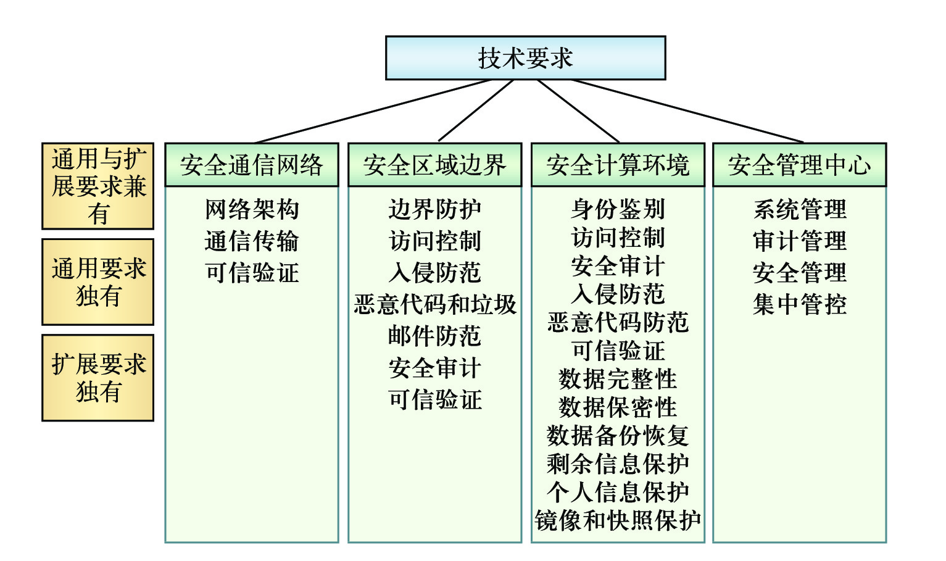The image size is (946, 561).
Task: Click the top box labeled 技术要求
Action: point(525,58)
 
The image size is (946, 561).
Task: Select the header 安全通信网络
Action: point(251,165)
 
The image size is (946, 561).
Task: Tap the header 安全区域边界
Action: point(434,165)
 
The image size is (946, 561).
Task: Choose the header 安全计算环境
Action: point(618,165)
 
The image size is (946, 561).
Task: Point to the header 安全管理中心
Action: point(799,165)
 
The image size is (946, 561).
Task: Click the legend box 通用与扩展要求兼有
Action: point(98,186)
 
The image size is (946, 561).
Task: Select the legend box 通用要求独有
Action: point(98,282)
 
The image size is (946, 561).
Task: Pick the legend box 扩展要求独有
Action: point(98,378)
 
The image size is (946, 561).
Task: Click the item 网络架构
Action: point(252,209)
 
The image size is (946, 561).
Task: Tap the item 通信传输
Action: point(252,241)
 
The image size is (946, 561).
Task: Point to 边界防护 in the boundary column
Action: point(434,209)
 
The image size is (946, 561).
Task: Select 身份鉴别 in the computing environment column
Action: point(618,209)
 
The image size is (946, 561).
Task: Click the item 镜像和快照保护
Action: point(618,520)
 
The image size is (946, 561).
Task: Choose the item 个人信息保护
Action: point(618,492)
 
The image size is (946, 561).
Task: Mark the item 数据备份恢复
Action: point(618,435)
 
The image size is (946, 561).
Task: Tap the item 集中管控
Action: point(799,304)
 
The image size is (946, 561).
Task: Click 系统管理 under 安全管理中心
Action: point(799,209)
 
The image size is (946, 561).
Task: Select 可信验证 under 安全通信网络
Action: point(252,272)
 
